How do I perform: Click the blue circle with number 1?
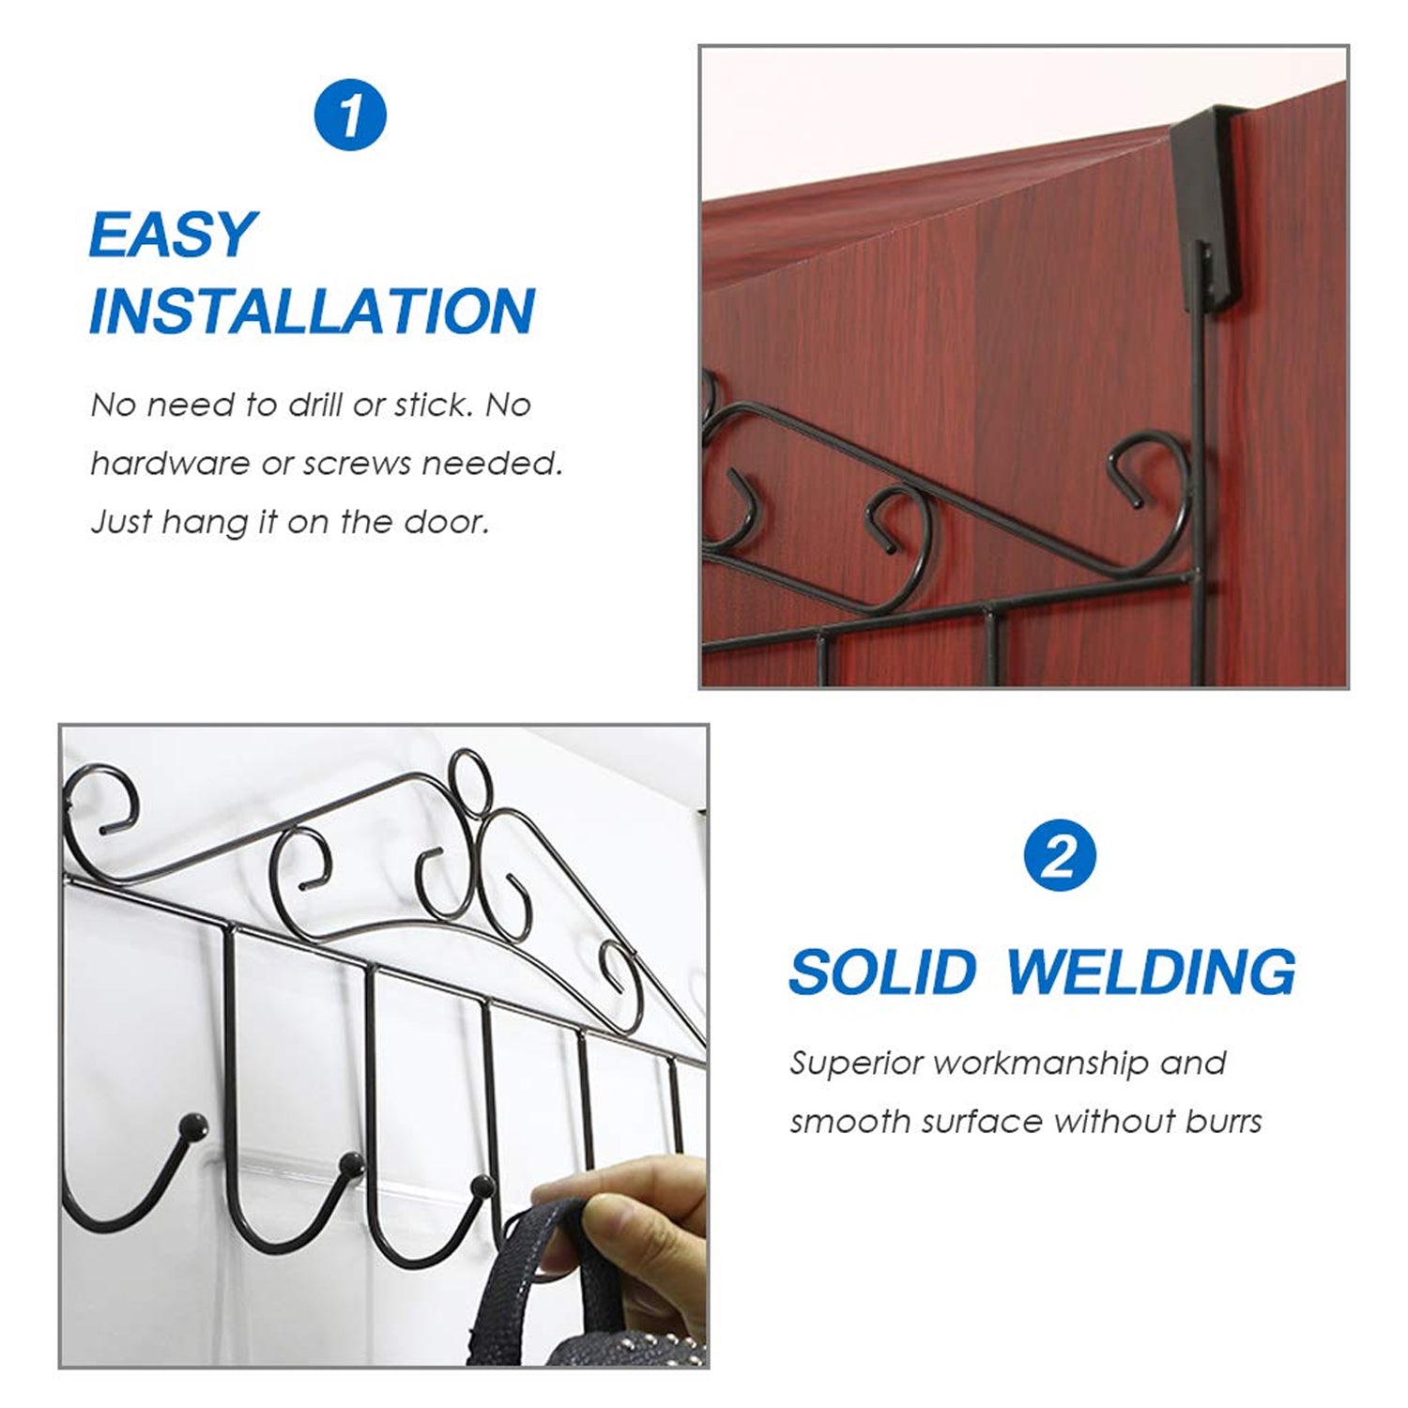click(349, 115)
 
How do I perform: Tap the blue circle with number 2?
click(1059, 855)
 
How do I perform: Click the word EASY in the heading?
click(173, 235)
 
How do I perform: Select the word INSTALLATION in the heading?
click(312, 312)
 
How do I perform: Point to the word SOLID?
click(882, 972)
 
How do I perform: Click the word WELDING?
click(1151, 972)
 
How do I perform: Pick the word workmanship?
click(1041, 1064)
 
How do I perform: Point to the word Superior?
click(855, 1064)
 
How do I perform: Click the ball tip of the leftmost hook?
click(194, 1122)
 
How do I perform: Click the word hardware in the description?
click(170, 464)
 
